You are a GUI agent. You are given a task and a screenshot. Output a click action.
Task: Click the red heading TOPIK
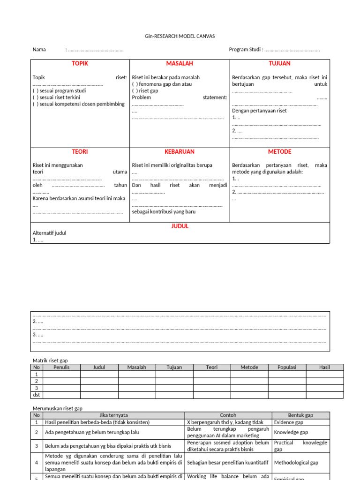coord(80,64)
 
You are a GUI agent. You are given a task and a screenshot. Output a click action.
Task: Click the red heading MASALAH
coord(180,64)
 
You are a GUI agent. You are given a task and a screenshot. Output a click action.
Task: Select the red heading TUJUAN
coord(279,64)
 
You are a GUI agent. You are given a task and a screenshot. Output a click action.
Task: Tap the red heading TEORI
coord(80,152)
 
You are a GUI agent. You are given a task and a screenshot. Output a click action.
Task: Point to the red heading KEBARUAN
coord(180,152)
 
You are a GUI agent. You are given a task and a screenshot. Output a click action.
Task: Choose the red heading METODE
coord(279,152)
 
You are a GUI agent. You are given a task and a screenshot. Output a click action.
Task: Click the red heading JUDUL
coord(180,226)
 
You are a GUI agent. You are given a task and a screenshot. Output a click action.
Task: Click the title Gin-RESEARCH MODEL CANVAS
coord(180,36)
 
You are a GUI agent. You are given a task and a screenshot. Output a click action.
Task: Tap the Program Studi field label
coord(246,50)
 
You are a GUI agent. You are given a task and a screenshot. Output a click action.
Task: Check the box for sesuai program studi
coord(35,91)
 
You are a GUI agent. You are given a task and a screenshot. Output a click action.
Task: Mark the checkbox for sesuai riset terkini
coord(35,97)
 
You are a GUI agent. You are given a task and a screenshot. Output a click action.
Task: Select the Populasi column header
coord(287,367)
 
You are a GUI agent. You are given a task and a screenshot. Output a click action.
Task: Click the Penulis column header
coord(61,367)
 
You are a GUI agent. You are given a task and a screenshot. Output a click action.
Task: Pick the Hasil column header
coord(324,367)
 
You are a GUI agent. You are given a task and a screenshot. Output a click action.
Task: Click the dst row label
coord(37,395)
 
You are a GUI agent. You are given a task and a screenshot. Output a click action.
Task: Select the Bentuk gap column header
coord(300,415)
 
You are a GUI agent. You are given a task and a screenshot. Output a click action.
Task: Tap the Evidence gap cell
coord(289,422)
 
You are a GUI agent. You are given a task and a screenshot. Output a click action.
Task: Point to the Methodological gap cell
coord(296,463)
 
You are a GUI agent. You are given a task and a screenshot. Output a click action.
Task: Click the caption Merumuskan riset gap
coord(57,409)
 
